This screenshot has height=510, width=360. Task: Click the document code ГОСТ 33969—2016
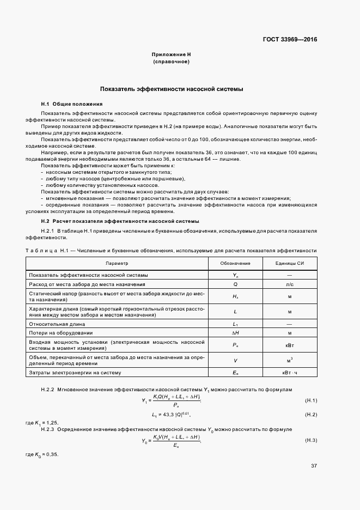click(289, 39)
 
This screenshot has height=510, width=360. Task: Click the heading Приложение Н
click(171, 55)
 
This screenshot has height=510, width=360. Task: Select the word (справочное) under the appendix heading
click(171, 62)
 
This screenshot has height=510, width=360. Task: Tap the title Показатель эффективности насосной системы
click(171, 88)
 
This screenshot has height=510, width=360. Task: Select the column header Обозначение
click(235, 263)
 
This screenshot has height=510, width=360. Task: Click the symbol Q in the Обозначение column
click(235, 284)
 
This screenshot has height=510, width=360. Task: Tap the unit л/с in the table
click(290, 284)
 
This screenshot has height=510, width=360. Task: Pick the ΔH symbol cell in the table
click(235, 332)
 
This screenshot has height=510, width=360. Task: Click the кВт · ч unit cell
click(290, 372)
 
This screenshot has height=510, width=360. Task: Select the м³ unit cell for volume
click(290, 360)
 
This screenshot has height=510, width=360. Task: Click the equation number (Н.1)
click(310, 401)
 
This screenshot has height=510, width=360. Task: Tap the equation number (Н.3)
click(310, 440)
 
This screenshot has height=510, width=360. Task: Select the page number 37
click(314, 466)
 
